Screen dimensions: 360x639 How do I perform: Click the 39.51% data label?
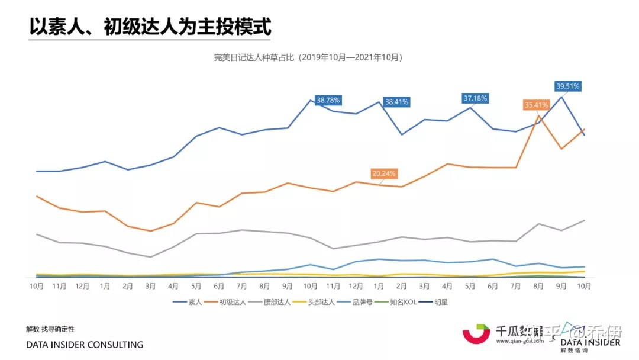(x=568, y=86)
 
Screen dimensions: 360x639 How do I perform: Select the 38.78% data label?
(x=328, y=100)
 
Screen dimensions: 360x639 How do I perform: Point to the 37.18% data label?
(x=475, y=98)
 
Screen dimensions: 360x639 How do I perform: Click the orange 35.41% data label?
(x=536, y=105)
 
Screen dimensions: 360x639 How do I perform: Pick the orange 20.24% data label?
(x=384, y=174)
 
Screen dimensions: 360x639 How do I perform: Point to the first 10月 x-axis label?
(x=37, y=286)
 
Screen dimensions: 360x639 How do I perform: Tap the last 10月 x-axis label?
(x=585, y=286)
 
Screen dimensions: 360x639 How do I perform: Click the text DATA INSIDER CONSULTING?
(x=85, y=345)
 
